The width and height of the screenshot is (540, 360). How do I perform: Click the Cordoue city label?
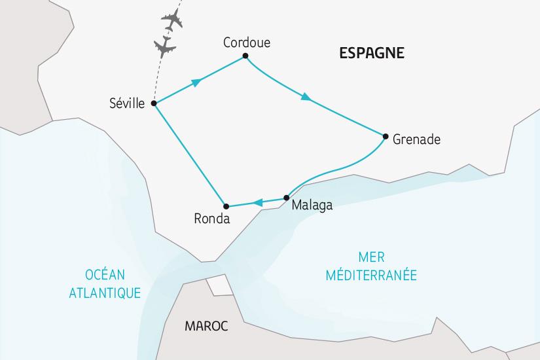coord(247,43)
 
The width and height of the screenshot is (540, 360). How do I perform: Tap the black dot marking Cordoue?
coord(245,56)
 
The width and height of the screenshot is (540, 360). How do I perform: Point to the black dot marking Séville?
coord(153,103)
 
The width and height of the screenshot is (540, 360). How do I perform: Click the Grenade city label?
coord(417,139)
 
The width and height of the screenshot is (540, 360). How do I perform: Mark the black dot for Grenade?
coord(385,136)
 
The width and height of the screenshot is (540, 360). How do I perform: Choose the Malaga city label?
coord(312,206)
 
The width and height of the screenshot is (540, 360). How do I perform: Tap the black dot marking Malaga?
coord(287,198)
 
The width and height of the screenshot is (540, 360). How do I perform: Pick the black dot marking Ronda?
coord(225,206)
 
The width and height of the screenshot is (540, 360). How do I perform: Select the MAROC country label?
coord(206,326)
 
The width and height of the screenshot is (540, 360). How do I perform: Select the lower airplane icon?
coord(164,46)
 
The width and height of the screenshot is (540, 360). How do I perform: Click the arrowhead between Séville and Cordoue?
coord(194,82)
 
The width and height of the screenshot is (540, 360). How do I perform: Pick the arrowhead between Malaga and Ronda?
coord(259,202)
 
